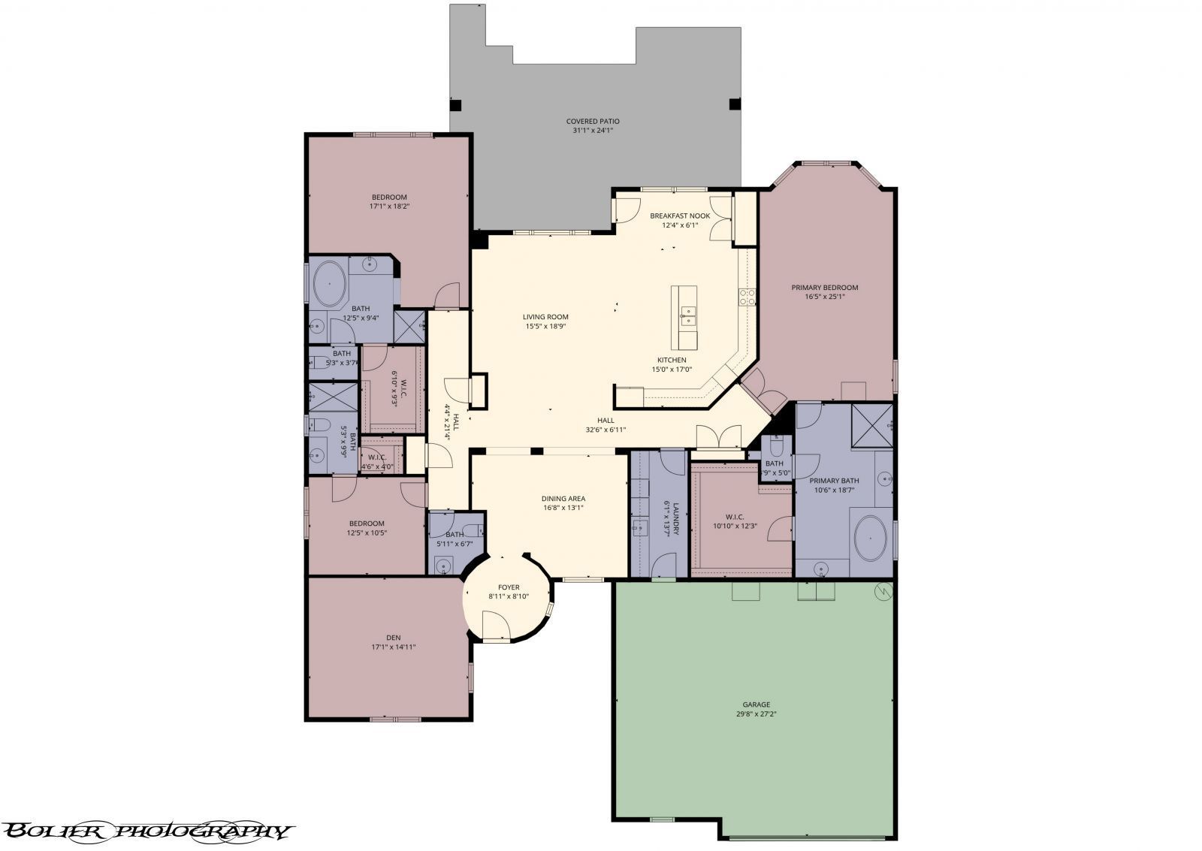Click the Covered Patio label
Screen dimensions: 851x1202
(x=593, y=121)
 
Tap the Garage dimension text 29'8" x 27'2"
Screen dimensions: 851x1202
(x=756, y=714)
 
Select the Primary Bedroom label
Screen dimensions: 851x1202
(x=824, y=287)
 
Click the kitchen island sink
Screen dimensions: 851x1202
(x=687, y=315)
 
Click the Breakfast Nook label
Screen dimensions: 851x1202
(x=679, y=216)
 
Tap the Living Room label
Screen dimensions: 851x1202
(x=545, y=317)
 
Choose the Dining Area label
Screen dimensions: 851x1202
(x=563, y=498)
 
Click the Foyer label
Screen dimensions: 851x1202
(x=509, y=587)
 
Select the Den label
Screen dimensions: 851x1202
(x=393, y=638)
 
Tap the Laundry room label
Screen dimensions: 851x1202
(x=676, y=518)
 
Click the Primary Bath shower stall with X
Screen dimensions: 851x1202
(x=871, y=426)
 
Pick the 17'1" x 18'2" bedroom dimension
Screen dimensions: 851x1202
(x=388, y=206)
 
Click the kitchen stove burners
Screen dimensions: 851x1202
(x=747, y=297)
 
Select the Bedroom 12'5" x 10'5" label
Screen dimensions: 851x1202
(x=366, y=524)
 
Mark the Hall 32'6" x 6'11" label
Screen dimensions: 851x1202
(x=606, y=421)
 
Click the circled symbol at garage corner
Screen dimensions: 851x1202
(x=883, y=592)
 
